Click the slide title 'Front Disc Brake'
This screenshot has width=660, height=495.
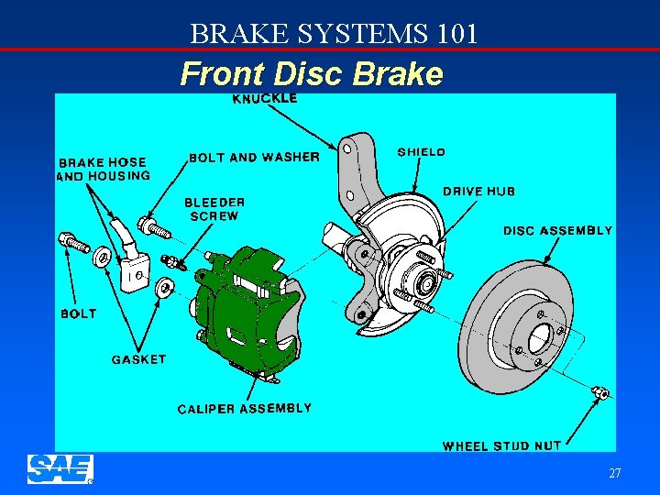312,73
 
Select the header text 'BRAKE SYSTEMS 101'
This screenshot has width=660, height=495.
334,34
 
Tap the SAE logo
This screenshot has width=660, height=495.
60,468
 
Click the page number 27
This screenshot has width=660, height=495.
614,474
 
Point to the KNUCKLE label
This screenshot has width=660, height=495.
265,98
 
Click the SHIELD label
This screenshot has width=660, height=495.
422,152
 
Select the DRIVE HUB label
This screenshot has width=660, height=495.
478,192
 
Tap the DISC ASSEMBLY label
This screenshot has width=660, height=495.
557,231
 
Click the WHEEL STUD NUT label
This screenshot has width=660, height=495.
501,446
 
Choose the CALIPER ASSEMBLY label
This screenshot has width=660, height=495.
244,409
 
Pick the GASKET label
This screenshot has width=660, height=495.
138,359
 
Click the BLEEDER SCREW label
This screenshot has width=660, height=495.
214,209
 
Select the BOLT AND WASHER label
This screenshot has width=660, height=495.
254,158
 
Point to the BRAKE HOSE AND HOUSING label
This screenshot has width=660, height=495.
104,169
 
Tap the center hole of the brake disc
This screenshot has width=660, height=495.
539,337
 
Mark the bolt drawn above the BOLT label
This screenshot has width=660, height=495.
74,243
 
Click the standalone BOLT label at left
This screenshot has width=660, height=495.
78,313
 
